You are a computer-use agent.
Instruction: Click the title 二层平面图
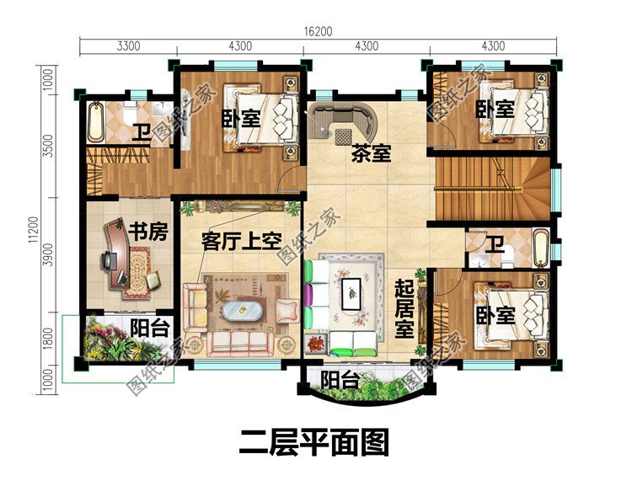click(315, 441)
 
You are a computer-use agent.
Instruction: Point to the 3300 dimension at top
click(127, 46)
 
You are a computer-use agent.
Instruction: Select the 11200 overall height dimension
click(33, 229)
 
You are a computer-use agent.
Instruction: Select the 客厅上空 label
click(240, 242)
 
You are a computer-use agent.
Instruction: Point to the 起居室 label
click(405, 307)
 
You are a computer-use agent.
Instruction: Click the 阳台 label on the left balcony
click(148, 329)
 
